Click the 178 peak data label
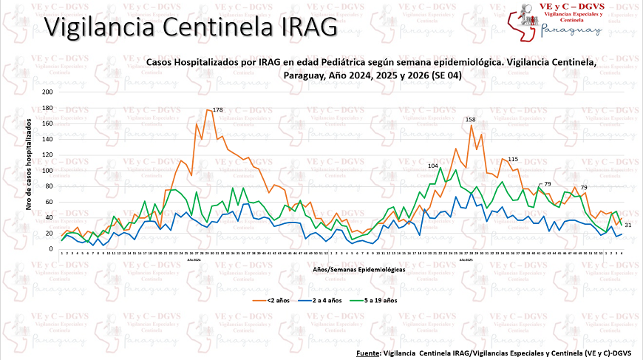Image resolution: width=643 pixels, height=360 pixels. click(218, 109)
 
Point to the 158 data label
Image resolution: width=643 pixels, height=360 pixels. click(471, 119)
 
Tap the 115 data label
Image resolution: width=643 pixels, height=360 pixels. click(513, 160)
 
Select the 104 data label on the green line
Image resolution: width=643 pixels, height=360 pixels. click(434, 166)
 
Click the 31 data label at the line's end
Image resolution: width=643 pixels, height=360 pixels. click(627, 224)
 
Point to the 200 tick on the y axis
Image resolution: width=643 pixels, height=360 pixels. click(47, 92)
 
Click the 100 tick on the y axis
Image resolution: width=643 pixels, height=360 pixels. click(47, 171)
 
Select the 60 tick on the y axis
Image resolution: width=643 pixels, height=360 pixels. click(49, 202)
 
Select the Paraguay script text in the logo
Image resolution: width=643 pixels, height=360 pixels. click(571, 30)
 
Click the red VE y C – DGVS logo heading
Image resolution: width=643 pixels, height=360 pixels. click(583, 6)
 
